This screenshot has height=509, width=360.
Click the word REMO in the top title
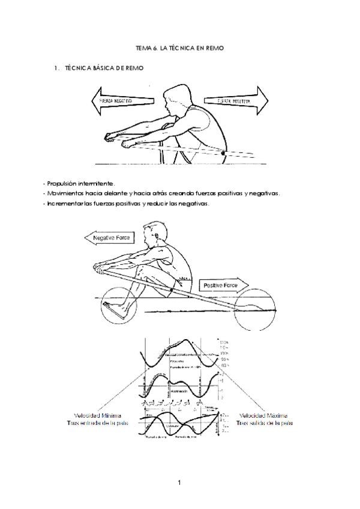click(214, 47)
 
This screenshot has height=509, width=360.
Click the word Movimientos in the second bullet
click(67, 193)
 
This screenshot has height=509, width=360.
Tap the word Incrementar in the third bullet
click(63, 203)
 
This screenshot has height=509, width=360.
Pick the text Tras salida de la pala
click(264, 423)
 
